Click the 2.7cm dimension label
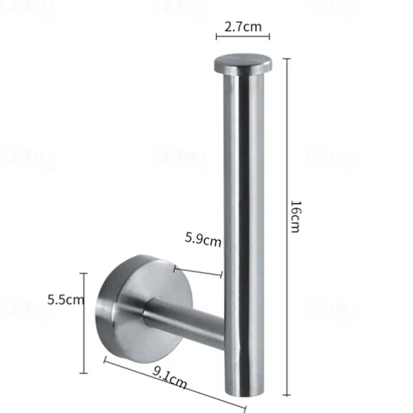point(243,27)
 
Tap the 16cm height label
point(295,217)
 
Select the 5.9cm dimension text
point(203,239)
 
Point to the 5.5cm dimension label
point(66,300)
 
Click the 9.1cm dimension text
point(170,378)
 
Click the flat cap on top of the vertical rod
point(243,64)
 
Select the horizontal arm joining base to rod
point(183,320)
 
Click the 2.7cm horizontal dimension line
point(243,37)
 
